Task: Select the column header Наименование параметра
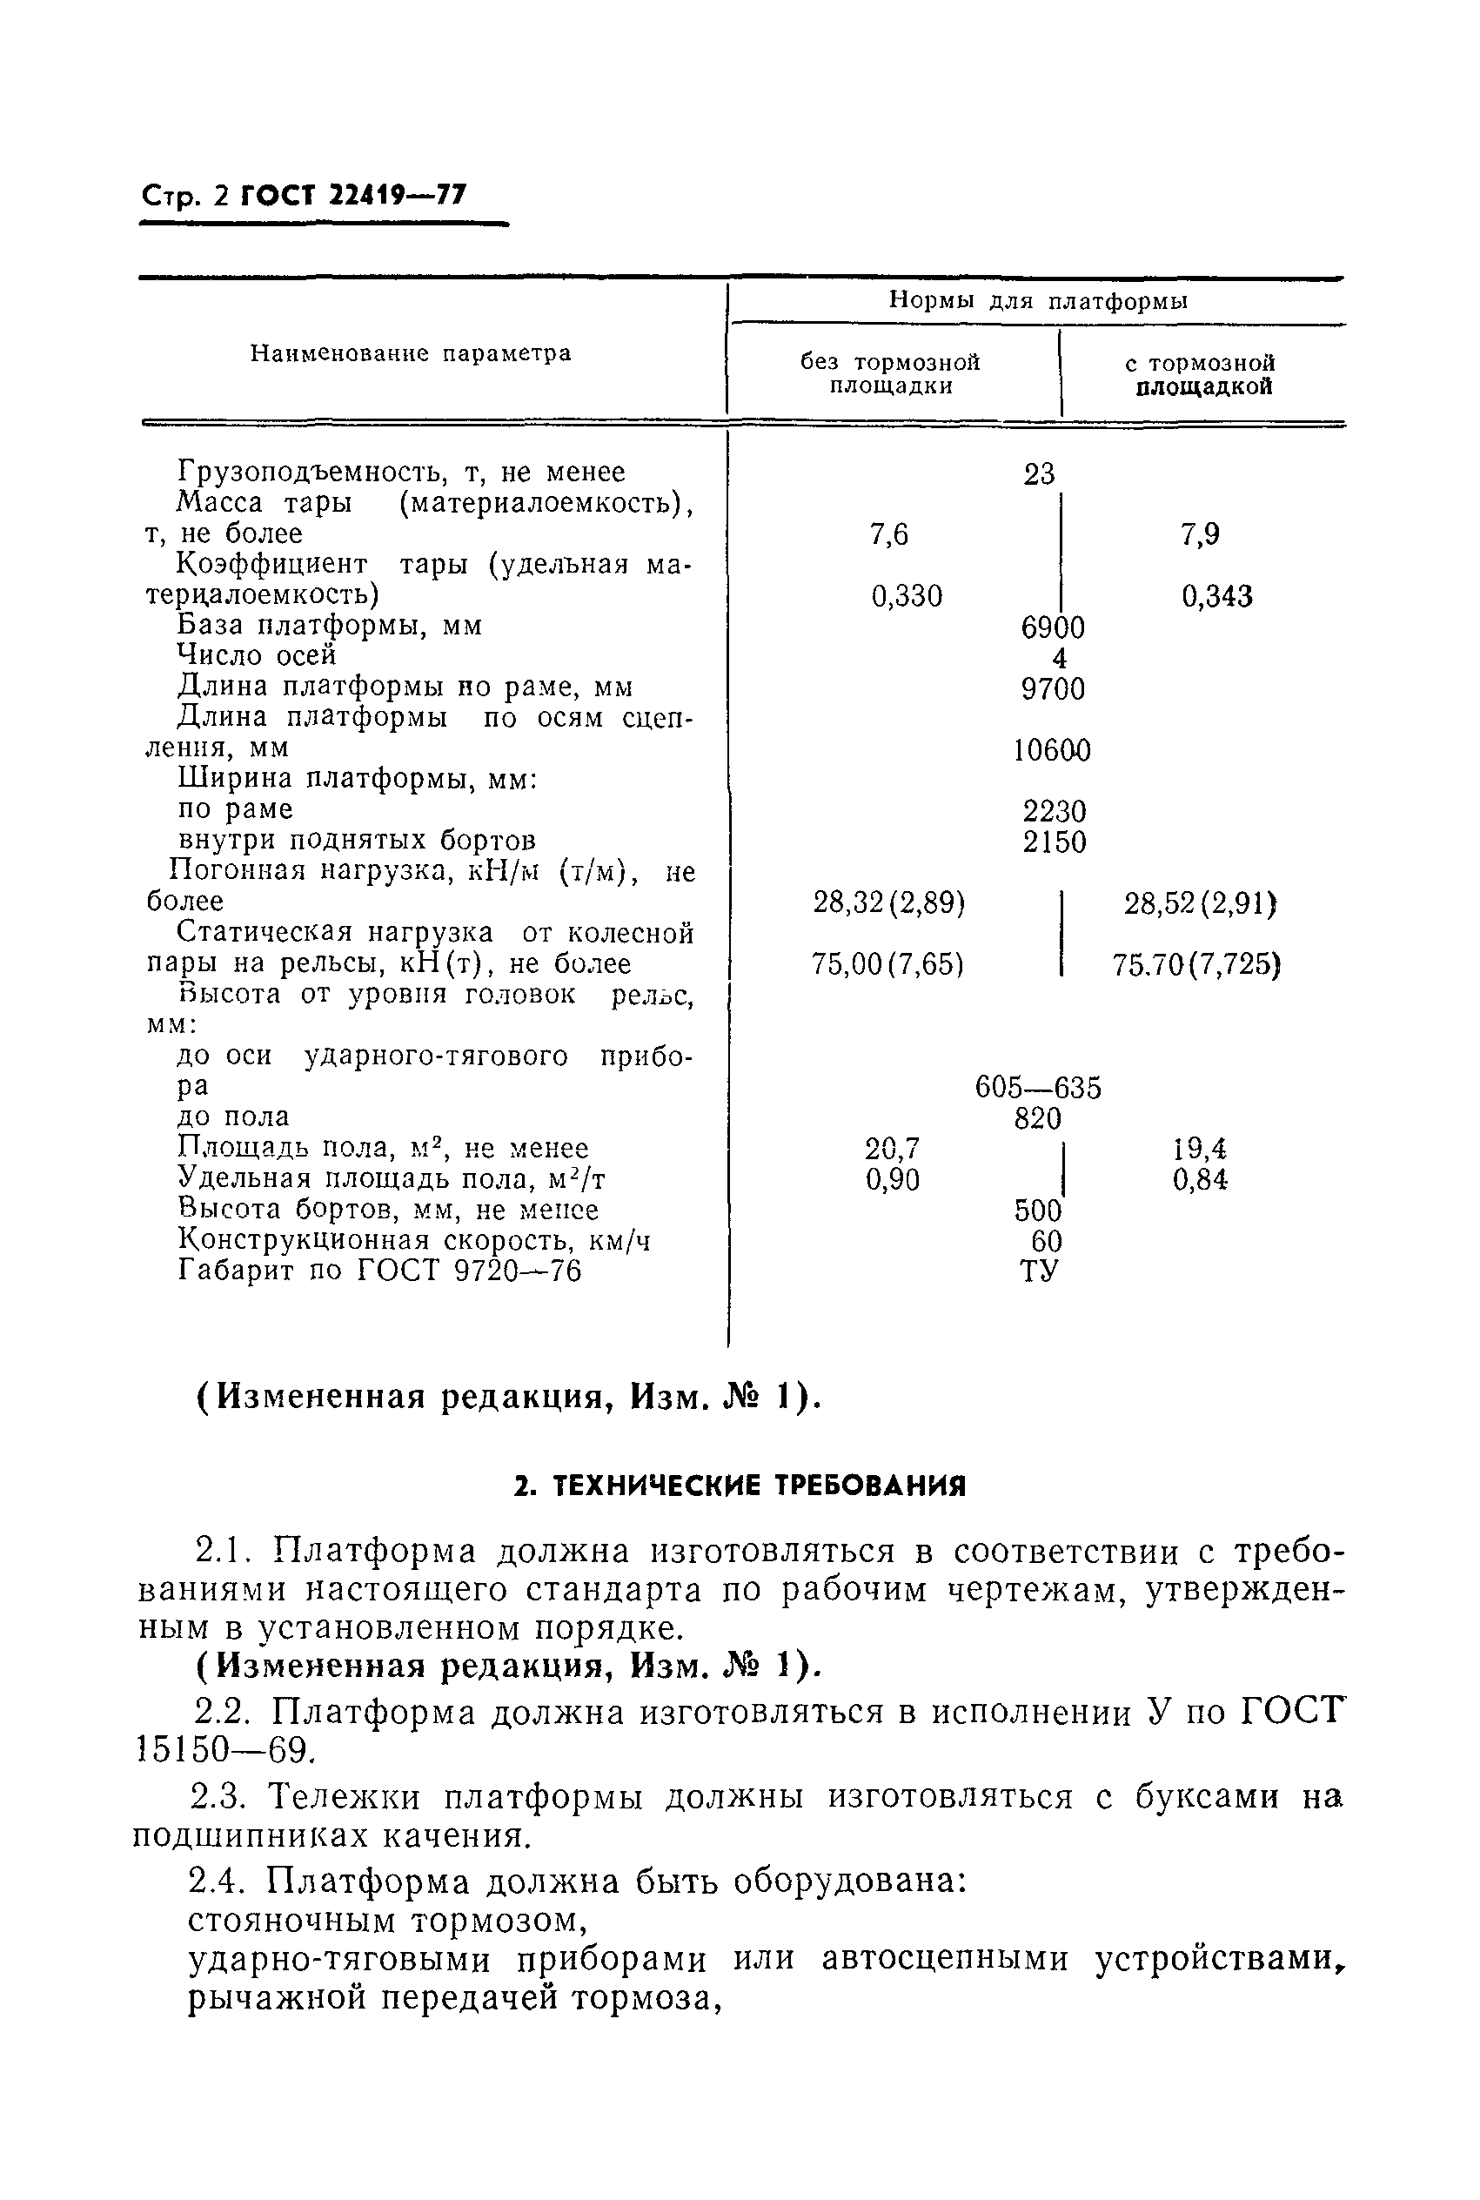point(411,354)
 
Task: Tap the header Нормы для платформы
point(1037,301)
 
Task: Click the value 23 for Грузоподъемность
point(1038,473)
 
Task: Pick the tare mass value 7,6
point(888,535)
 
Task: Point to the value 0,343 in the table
point(1216,596)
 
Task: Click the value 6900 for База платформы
point(1053,627)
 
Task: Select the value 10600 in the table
point(1051,751)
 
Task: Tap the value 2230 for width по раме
point(1055,812)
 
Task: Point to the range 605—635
point(1037,1088)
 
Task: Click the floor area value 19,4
point(1200,1149)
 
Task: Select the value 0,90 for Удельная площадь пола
point(892,1180)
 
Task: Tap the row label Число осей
point(257,655)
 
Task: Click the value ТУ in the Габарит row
point(1038,1271)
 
